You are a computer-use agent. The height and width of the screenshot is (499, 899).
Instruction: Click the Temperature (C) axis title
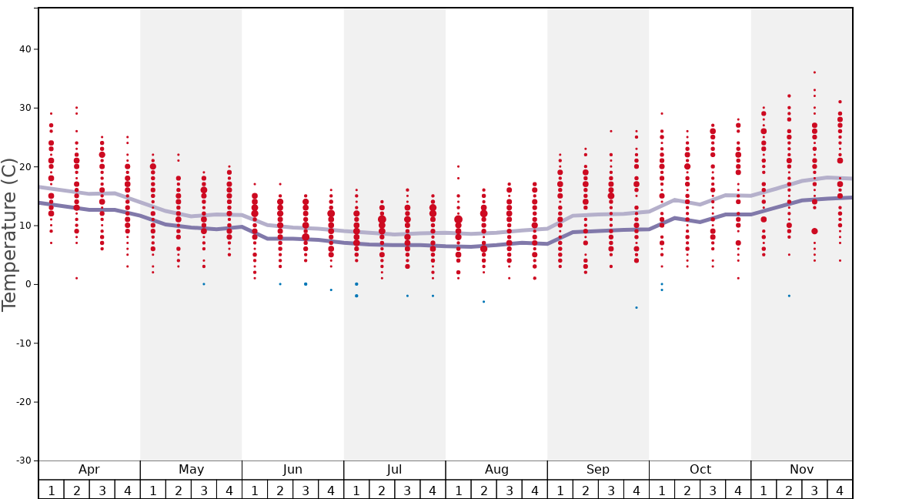pyautogui.click(x=9, y=234)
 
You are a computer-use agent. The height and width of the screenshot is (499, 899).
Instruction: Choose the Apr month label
pyautogui.click(x=89, y=470)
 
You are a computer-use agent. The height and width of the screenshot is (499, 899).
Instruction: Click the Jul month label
pyautogui.click(x=395, y=470)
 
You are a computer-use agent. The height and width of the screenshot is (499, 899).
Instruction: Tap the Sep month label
pyautogui.click(x=598, y=470)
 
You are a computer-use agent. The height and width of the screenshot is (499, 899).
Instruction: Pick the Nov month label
pyautogui.click(x=801, y=470)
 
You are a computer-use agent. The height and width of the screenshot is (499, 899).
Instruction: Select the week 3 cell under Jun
pyautogui.click(x=306, y=490)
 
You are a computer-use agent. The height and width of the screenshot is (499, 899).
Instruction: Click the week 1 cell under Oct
pyautogui.click(x=662, y=490)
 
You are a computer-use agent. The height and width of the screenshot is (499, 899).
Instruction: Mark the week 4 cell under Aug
pyautogui.click(x=534, y=490)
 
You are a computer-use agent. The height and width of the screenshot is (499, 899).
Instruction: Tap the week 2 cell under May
pyautogui.click(x=179, y=490)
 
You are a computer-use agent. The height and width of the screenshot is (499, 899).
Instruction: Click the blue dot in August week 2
pyautogui.click(x=483, y=302)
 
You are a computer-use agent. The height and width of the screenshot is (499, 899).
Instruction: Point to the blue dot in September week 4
pyautogui.click(x=637, y=307)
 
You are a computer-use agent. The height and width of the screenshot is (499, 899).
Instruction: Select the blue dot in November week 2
pyautogui.click(x=789, y=296)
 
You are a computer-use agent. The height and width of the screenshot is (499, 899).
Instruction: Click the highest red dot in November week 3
pyautogui.click(x=814, y=72)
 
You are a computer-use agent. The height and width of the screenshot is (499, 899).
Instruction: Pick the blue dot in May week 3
pyautogui.click(x=204, y=284)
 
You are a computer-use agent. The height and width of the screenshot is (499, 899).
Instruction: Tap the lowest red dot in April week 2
pyautogui.click(x=76, y=278)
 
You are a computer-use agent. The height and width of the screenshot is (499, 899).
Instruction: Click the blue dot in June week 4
pyautogui.click(x=331, y=290)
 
